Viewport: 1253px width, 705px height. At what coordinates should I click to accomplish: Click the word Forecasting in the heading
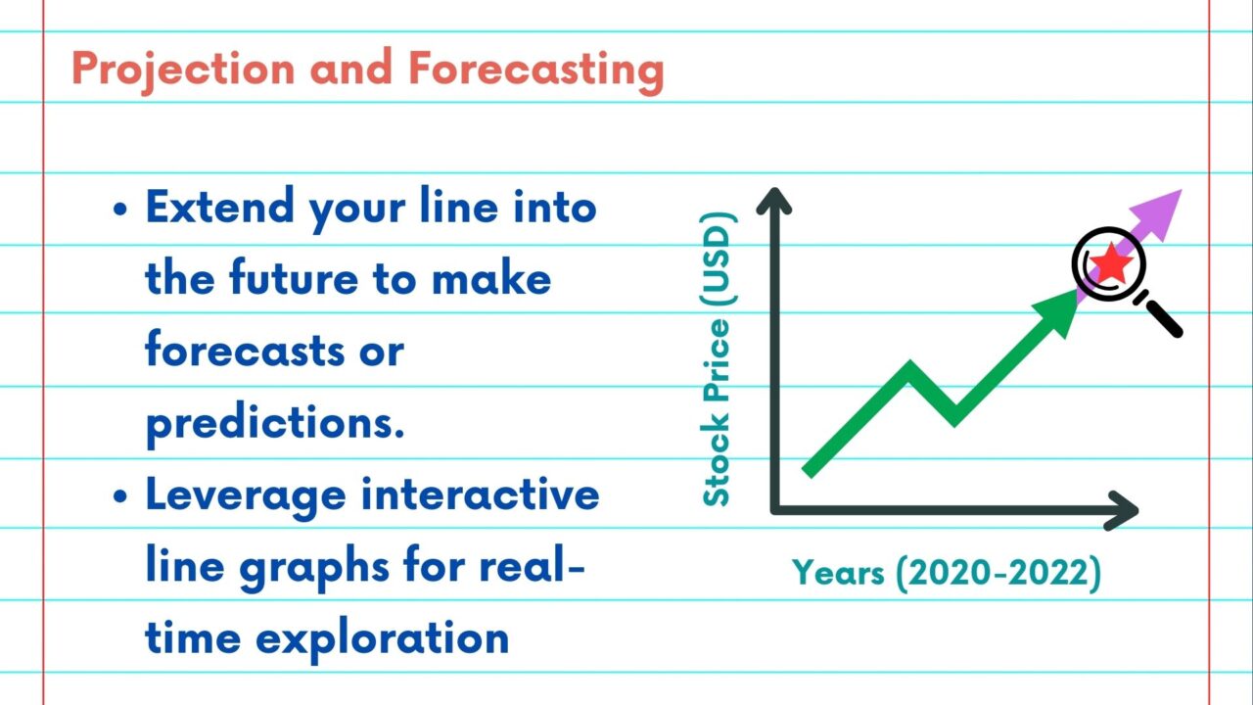click(x=535, y=70)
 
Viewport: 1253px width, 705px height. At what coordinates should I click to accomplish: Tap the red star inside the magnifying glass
click(x=1111, y=263)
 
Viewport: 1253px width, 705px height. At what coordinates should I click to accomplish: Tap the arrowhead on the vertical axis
click(x=773, y=200)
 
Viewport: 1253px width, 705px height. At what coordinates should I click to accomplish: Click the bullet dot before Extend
click(x=119, y=211)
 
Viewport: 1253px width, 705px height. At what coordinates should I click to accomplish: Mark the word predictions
click(x=275, y=423)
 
